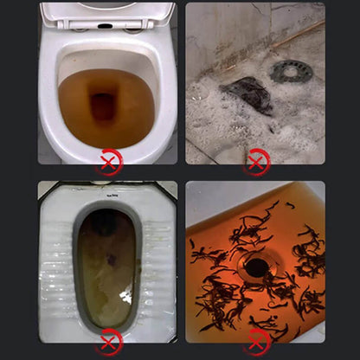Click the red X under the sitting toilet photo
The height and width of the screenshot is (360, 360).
point(108,162)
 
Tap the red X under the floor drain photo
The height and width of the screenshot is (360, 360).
point(256,162)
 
